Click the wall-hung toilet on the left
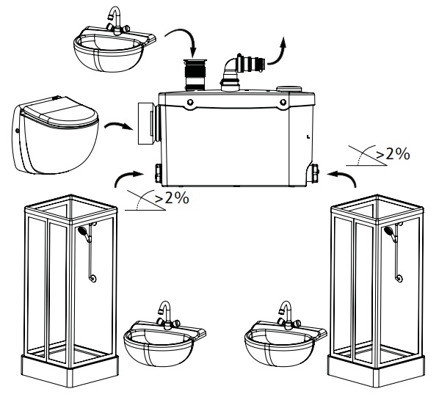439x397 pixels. click(x=56, y=134)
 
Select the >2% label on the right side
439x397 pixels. click(x=393, y=154)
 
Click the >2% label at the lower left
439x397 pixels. click(x=172, y=198)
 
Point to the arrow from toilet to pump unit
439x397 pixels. click(x=118, y=125)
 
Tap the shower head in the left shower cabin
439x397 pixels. click(x=83, y=231)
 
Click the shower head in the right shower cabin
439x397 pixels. click(x=389, y=231)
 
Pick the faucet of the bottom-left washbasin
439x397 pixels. click(x=167, y=315)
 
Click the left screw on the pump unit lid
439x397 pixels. click(x=190, y=102)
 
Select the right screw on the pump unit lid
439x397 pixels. click(x=283, y=102)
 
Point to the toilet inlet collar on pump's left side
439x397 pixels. click(x=149, y=123)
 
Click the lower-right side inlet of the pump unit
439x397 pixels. click(x=313, y=173)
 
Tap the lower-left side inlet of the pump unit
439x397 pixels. click(x=159, y=173)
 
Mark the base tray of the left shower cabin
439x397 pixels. click(x=70, y=370)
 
